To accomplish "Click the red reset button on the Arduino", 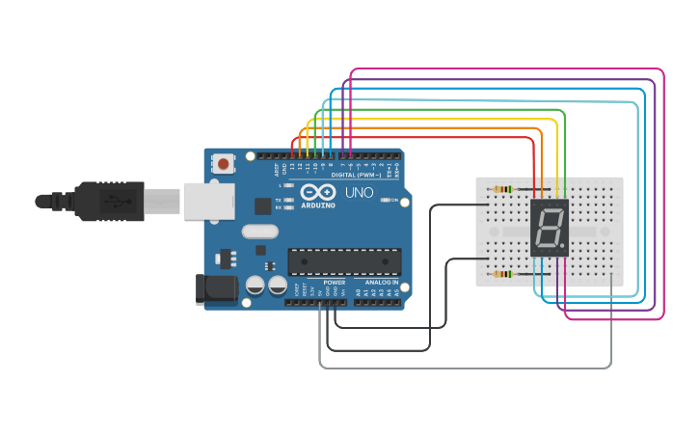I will [x=224, y=164].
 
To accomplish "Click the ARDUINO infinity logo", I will [x=317, y=193].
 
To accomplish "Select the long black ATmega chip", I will [x=344, y=261].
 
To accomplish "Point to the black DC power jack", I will [x=215, y=287].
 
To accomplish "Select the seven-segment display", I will [x=549, y=228].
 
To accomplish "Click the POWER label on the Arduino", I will [x=334, y=283].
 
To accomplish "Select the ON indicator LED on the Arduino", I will [x=386, y=200].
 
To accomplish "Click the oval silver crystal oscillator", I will [x=260, y=232].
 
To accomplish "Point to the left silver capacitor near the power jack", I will [x=255, y=286].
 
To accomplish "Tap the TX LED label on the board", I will [x=279, y=200].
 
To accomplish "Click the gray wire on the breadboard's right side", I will [x=612, y=318].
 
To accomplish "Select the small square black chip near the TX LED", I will [x=262, y=205].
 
